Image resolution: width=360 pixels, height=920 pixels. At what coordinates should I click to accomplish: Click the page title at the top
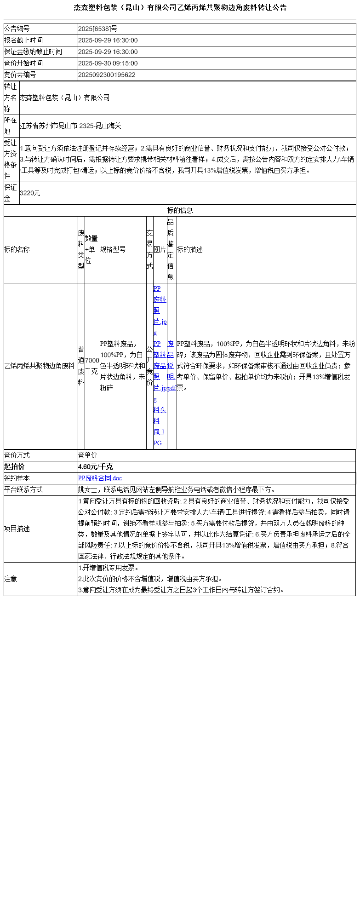tap(180, 7)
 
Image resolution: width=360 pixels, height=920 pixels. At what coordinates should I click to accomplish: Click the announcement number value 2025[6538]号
tap(97, 29)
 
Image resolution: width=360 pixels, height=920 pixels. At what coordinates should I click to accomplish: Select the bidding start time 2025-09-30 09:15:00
tap(108, 63)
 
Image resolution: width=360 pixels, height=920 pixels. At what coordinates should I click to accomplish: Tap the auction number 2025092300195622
tap(107, 75)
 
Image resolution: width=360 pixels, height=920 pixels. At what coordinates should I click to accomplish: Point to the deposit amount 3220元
tap(30, 193)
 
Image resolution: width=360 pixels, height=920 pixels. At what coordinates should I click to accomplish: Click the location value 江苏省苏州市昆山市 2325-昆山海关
tap(70, 126)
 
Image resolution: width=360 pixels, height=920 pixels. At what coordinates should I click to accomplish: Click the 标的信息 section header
tap(180, 211)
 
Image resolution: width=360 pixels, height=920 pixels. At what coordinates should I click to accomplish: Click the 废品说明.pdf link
tap(171, 366)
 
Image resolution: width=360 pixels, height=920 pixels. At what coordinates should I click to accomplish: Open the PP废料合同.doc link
tap(100, 478)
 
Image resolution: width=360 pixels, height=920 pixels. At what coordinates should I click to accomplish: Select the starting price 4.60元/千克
tap(95, 467)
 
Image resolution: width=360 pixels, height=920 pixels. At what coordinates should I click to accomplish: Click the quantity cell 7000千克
tap(92, 366)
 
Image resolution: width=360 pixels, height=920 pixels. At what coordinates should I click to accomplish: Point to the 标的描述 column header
tap(189, 250)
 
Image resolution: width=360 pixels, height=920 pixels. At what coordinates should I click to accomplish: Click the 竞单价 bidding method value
tap(87, 455)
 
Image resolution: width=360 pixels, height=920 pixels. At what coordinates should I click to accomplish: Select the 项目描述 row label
tap(17, 529)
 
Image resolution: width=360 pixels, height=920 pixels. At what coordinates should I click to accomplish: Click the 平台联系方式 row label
tap(23, 490)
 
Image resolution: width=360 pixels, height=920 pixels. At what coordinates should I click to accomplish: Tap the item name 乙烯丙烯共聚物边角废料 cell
tap(40, 366)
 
